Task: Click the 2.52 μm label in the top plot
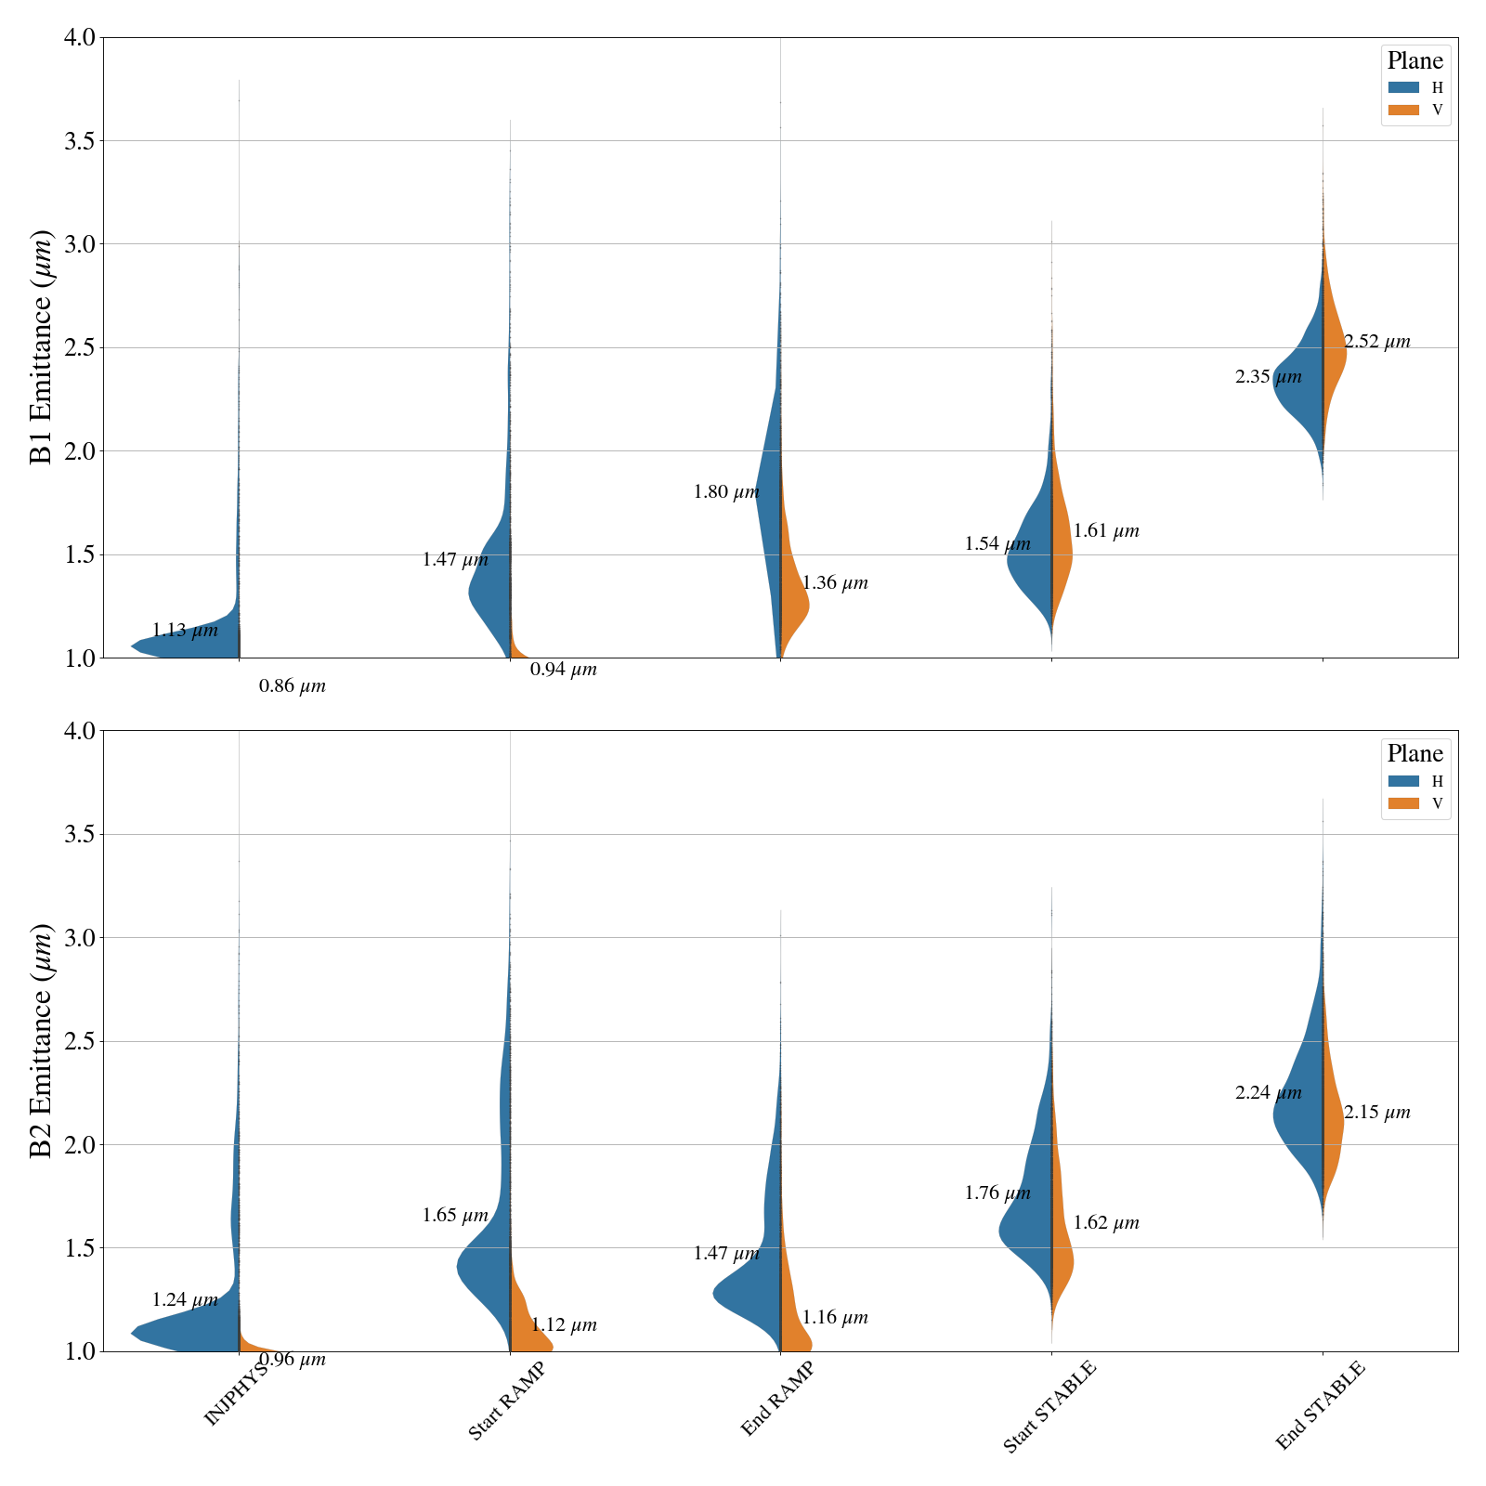[x=1376, y=342]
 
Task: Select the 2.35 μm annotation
[x=1268, y=377]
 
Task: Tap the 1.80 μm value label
[x=725, y=492]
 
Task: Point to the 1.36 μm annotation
[x=834, y=583]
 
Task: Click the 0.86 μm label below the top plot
[x=292, y=687]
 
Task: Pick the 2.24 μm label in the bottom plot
[x=1268, y=1093]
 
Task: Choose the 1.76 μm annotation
[x=997, y=1193]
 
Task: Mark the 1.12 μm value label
[x=563, y=1325]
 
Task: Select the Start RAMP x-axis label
[x=505, y=1401]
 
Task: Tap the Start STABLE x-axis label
[x=1049, y=1406]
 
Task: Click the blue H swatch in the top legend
[x=1403, y=88]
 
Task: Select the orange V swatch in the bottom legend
[x=1403, y=803]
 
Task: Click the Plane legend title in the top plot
[x=1414, y=61]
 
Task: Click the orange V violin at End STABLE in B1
[x=1335, y=353]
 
